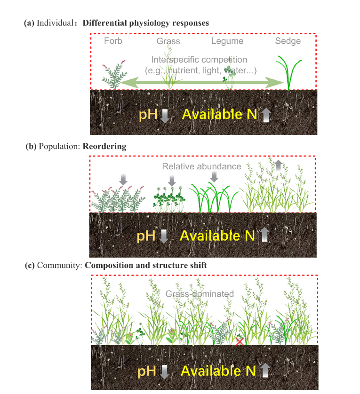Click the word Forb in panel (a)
click(x=113, y=41)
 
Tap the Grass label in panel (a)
click(x=168, y=41)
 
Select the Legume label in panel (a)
click(x=227, y=41)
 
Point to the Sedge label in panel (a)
click(x=288, y=41)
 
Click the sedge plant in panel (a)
click(x=288, y=73)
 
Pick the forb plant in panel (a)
click(x=113, y=75)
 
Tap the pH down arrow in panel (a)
click(x=164, y=115)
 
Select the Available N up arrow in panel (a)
click(x=266, y=115)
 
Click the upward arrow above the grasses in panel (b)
click(x=279, y=165)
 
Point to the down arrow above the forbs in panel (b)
click(x=123, y=179)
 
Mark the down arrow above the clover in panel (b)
click(x=172, y=180)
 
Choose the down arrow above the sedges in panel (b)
click(x=214, y=176)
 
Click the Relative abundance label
click(x=201, y=166)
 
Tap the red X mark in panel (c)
click(x=240, y=341)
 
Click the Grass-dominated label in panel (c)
click(x=200, y=294)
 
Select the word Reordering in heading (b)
click(x=104, y=146)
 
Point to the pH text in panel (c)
click(x=146, y=371)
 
